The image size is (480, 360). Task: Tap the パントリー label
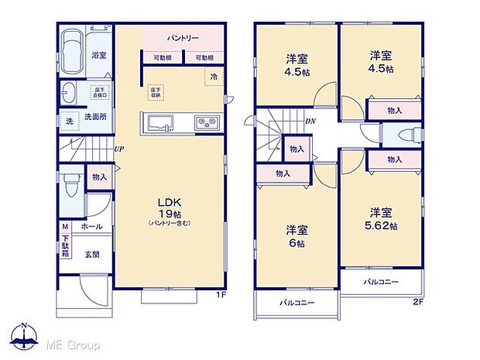tap(183, 37)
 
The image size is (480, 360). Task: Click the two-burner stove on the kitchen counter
tap(206, 122)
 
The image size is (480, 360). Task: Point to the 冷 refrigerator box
tap(211, 76)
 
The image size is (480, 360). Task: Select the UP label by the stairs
tap(119, 149)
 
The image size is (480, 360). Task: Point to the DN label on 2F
tap(310, 122)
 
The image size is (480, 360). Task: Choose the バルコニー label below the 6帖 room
tap(297, 303)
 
